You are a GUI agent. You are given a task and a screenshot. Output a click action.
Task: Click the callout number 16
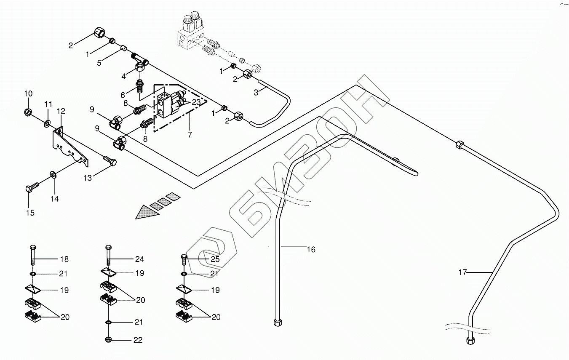point(310,250)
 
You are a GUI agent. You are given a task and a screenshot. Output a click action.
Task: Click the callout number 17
point(462,272)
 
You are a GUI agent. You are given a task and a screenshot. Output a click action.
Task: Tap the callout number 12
point(61,111)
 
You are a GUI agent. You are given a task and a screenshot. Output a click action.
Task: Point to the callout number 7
point(190,135)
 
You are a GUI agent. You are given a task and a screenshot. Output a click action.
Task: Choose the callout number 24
point(139,259)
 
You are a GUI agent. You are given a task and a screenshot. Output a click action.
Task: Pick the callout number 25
point(215,259)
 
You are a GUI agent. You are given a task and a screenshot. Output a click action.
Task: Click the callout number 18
point(64,259)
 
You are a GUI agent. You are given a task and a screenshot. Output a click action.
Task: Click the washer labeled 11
point(47,123)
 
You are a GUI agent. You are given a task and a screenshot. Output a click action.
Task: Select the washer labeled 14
point(53,174)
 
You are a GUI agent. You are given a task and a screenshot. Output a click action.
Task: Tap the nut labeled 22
point(108,340)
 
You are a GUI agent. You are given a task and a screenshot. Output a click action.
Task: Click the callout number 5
point(99,63)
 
